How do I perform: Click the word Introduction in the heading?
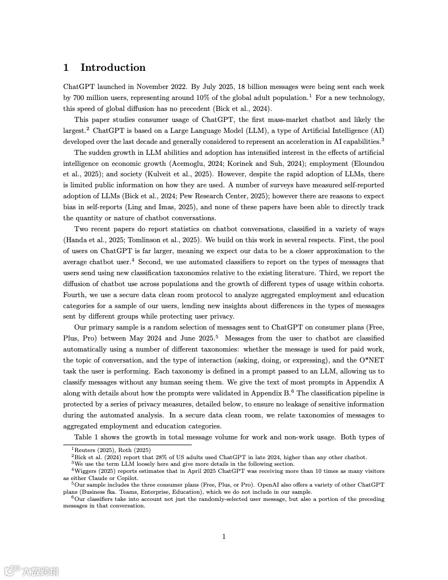tap(113, 68)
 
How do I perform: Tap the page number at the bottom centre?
tap(224, 537)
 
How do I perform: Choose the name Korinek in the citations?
tap(272, 163)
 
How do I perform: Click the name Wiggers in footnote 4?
tap(87, 471)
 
